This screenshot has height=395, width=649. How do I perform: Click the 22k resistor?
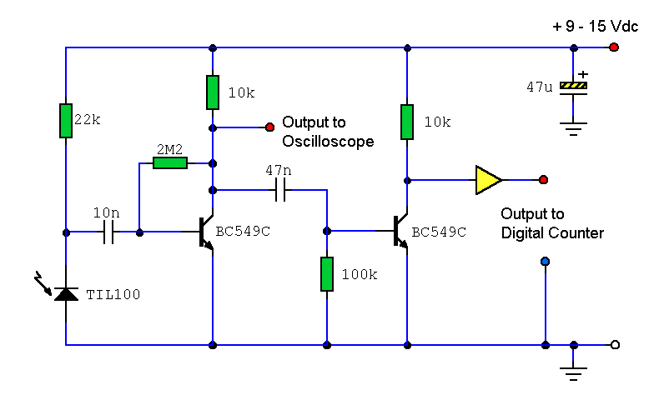[65, 120]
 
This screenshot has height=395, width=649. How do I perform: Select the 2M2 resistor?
[170, 163]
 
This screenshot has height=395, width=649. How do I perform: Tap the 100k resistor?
[326, 274]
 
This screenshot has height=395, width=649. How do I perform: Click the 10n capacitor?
[108, 233]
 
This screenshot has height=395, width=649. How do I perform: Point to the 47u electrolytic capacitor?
[573, 86]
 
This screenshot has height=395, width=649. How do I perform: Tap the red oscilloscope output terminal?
[269, 127]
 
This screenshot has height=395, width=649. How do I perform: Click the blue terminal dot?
[545, 262]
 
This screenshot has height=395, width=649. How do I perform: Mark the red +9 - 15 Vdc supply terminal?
[614, 47]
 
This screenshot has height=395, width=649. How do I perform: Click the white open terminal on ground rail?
[614, 344]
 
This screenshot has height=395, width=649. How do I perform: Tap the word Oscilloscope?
[327, 142]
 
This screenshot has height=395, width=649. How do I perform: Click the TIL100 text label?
[113, 294]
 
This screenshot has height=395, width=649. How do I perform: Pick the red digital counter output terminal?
[543, 179]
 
